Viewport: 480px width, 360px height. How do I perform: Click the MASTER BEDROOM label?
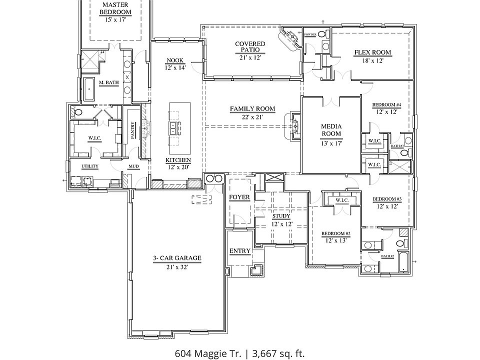click(115, 8)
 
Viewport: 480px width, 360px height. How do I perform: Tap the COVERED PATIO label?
click(250, 47)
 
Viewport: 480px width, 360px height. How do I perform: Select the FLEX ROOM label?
click(372, 52)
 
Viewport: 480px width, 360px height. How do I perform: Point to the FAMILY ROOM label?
click(252, 108)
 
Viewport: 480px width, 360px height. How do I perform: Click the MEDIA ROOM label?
click(331, 130)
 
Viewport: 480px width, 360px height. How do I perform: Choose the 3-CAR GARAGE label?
click(177, 258)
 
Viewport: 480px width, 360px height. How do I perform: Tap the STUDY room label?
click(280, 216)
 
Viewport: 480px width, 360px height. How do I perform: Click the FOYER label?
click(239, 197)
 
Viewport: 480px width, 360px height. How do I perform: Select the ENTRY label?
click(239, 250)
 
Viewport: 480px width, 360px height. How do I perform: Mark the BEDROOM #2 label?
click(335, 233)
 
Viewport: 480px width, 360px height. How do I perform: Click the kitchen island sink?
click(172, 128)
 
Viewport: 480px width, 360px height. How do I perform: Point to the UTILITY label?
click(90, 166)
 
